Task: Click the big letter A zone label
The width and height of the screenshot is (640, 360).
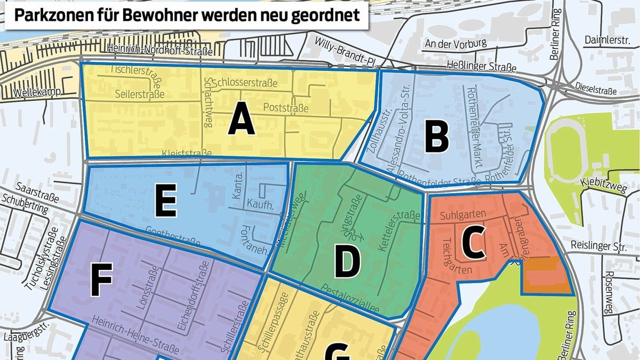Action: [241, 122]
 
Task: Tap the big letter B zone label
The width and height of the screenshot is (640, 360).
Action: [436, 137]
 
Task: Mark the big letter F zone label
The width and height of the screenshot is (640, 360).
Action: [102, 281]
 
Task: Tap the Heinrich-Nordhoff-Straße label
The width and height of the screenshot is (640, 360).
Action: [159, 51]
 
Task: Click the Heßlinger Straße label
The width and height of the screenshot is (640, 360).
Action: [485, 68]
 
